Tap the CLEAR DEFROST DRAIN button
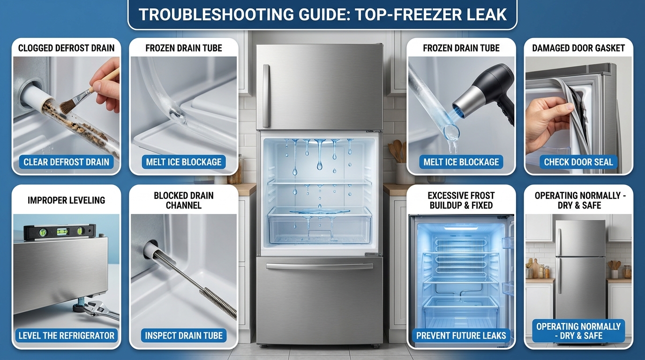(x=66, y=162)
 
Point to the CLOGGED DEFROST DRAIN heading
(x=66, y=48)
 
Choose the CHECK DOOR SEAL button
(x=578, y=162)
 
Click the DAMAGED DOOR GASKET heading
(x=578, y=48)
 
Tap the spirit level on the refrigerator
(x=60, y=232)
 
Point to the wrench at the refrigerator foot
(x=102, y=309)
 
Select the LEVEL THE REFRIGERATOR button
(x=66, y=336)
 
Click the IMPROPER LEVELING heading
(x=66, y=200)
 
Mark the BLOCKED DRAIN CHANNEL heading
(x=184, y=201)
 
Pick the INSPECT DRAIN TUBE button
(x=184, y=336)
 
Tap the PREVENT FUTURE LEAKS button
(x=461, y=336)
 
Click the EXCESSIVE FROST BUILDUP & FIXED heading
(x=461, y=201)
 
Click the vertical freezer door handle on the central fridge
(x=266, y=96)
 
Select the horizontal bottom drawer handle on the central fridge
(x=319, y=266)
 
